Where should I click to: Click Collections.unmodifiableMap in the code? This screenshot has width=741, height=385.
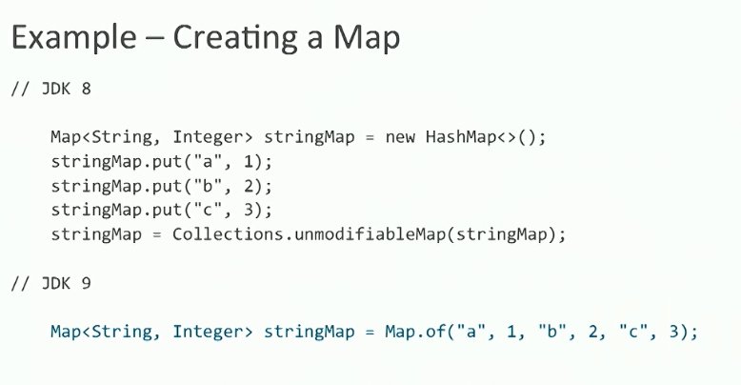(x=310, y=234)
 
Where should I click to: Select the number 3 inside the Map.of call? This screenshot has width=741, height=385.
(x=670, y=333)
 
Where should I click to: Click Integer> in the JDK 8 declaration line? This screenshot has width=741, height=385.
(x=204, y=136)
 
